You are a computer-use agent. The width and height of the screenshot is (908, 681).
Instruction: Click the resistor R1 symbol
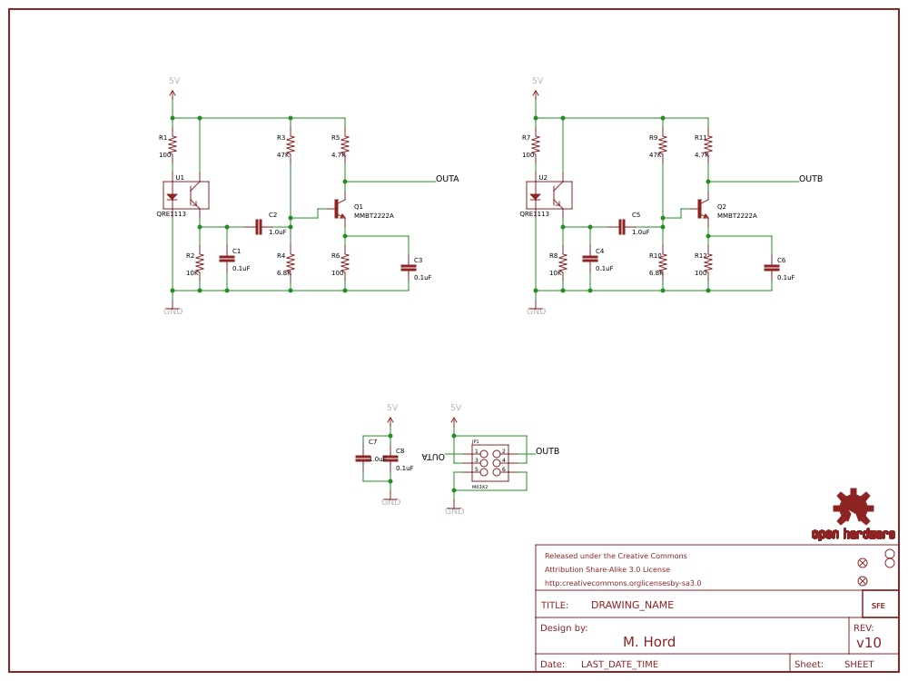click(x=173, y=145)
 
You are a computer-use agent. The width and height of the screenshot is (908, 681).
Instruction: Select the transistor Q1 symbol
click(x=338, y=209)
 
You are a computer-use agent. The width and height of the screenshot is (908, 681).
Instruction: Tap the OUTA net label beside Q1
click(x=447, y=179)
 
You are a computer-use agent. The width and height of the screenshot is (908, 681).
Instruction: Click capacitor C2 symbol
click(x=259, y=227)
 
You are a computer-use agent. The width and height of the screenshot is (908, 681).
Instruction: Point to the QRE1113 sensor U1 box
click(x=186, y=195)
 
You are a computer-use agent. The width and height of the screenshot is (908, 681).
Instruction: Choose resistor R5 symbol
click(x=345, y=145)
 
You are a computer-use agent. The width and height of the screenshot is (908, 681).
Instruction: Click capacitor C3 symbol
click(x=409, y=268)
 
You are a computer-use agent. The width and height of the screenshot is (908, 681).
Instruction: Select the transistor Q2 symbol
click(x=701, y=209)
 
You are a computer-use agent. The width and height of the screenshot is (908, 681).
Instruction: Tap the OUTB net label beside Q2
click(x=810, y=179)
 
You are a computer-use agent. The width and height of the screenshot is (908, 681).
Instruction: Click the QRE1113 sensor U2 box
click(x=549, y=195)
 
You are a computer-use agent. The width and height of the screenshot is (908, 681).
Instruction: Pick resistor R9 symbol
click(x=663, y=145)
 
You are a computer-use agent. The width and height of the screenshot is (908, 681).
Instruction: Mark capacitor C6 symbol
click(x=772, y=268)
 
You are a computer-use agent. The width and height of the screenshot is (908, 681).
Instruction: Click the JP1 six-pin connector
click(x=490, y=462)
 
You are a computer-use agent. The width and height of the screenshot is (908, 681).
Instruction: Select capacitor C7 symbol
click(x=363, y=459)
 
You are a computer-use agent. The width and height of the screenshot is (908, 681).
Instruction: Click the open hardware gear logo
click(x=854, y=508)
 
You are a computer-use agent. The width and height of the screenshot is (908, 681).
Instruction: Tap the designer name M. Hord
click(x=649, y=642)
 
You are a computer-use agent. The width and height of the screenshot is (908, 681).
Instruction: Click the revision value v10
click(x=869, y=643)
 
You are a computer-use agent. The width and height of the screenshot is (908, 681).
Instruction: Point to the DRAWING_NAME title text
click(x=632, y=605)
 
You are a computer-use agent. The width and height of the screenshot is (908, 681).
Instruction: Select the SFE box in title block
click(x=878, y=606)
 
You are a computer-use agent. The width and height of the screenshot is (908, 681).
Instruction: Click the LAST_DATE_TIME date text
click(x=619, y=665)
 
